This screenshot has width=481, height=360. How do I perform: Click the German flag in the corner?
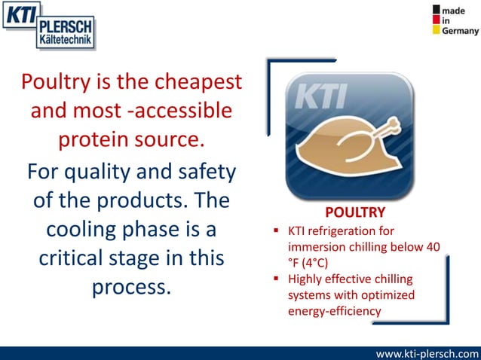[x=437, y=20]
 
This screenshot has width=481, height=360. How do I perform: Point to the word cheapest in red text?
[x=197, y=81]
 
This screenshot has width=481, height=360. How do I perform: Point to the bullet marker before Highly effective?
[x=278, y=280]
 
